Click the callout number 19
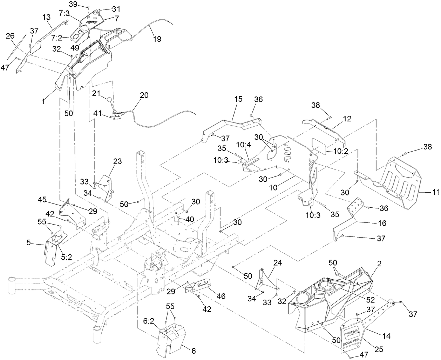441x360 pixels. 157,39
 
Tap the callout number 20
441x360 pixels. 144,95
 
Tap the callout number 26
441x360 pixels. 10,36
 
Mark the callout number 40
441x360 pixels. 190,219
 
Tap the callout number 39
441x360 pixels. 73,4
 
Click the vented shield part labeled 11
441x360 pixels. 400,182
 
